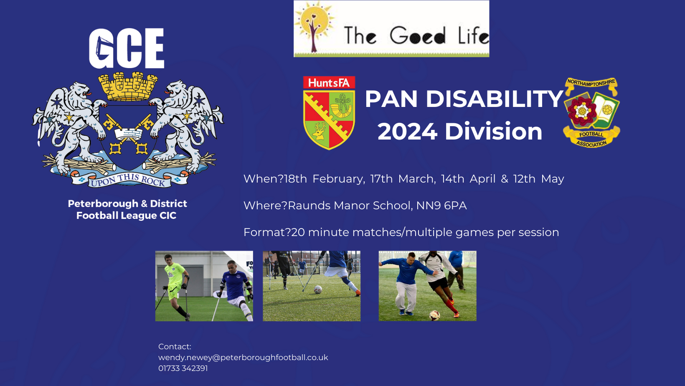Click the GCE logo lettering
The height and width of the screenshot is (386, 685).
pyautogui.click(x=127, y=48)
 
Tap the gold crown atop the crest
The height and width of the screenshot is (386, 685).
pyautogui.click(x=128, y=86)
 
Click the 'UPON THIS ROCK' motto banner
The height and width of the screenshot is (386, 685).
pyautogui.click(x=129, y=180)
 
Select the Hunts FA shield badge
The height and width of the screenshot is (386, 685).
pyautogui.click(x=329, y=113)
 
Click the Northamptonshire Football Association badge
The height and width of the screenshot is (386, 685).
pyautogui.click(x=591, y=112)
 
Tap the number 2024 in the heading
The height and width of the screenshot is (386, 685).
pyautogui.click(x=407, y=132)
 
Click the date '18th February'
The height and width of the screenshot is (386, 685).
pyautogui.click(x=325, y=179)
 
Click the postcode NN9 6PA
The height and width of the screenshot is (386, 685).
pyautogui.click(x=441, y=206)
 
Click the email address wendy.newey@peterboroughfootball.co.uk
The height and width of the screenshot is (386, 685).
pyautogui.click(x=243, y=357)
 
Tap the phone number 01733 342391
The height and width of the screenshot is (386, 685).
pyautogui.click(x=183, y=368)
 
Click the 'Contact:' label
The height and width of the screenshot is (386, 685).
pyautogui.click(x=175, y=347)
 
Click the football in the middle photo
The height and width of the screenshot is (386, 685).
pyautogui.click(x=318, y=289)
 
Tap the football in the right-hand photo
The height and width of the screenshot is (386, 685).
pyautogui.click(x=434, y=315)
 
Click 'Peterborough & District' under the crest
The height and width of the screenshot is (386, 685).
pyautogui.click(x=127, y=204)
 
